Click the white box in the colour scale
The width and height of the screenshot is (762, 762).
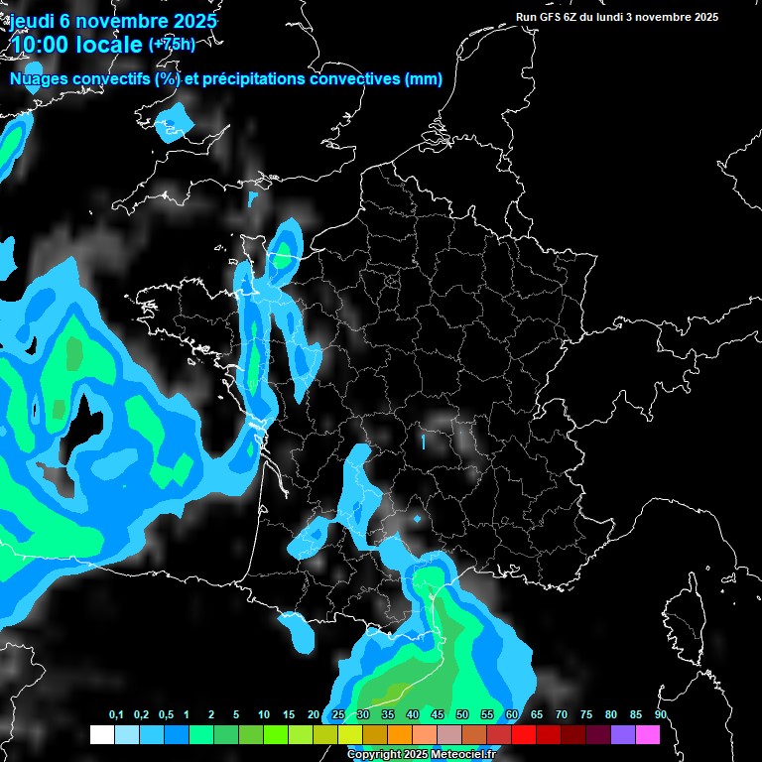coord(101,734)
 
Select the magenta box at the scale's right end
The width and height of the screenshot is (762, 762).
coord(648,734)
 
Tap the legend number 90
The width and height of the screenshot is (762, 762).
coord(660,715)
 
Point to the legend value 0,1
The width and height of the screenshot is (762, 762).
coord(116,715)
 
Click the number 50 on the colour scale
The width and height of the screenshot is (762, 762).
coord(462,715)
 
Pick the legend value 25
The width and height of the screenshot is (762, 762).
coord(338,715)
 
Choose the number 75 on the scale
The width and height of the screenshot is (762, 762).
coord(586,715)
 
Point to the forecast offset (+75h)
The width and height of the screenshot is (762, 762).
coord(172,45)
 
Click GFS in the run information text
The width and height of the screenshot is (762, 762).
coord(556,17)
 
